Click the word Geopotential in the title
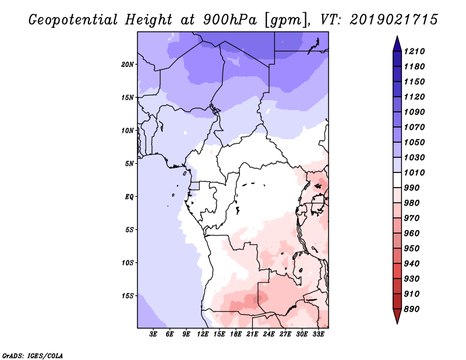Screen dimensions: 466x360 tap(73, 20)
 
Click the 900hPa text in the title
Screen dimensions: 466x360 tap(230, 20)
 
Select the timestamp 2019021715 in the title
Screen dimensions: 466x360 tap(394, 20)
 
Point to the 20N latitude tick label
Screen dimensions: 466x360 tap(128, 65)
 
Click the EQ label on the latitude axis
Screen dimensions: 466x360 tap(129, 197)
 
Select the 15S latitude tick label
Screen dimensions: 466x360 tap(128, 296)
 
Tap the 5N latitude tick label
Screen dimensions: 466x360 tap(129, 164)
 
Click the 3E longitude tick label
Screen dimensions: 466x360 tap(153, 334)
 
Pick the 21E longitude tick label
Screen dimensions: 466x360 tap(252, 334)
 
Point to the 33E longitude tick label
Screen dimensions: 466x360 tap(318, 334)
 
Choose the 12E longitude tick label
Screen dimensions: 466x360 tap(202, 334)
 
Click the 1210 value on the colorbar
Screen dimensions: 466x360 tap(415, 51)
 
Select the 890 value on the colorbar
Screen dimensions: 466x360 tap(412, 309)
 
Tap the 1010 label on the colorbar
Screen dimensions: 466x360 tap(415, 172)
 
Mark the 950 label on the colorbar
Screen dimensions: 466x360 tap(412, 249)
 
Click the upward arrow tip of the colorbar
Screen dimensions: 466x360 tap(397, 36)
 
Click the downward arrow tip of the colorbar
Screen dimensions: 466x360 tap(397, 323)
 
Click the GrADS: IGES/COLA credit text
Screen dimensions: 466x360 tap(33, 356)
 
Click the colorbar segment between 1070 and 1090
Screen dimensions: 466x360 tap(397, 119)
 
